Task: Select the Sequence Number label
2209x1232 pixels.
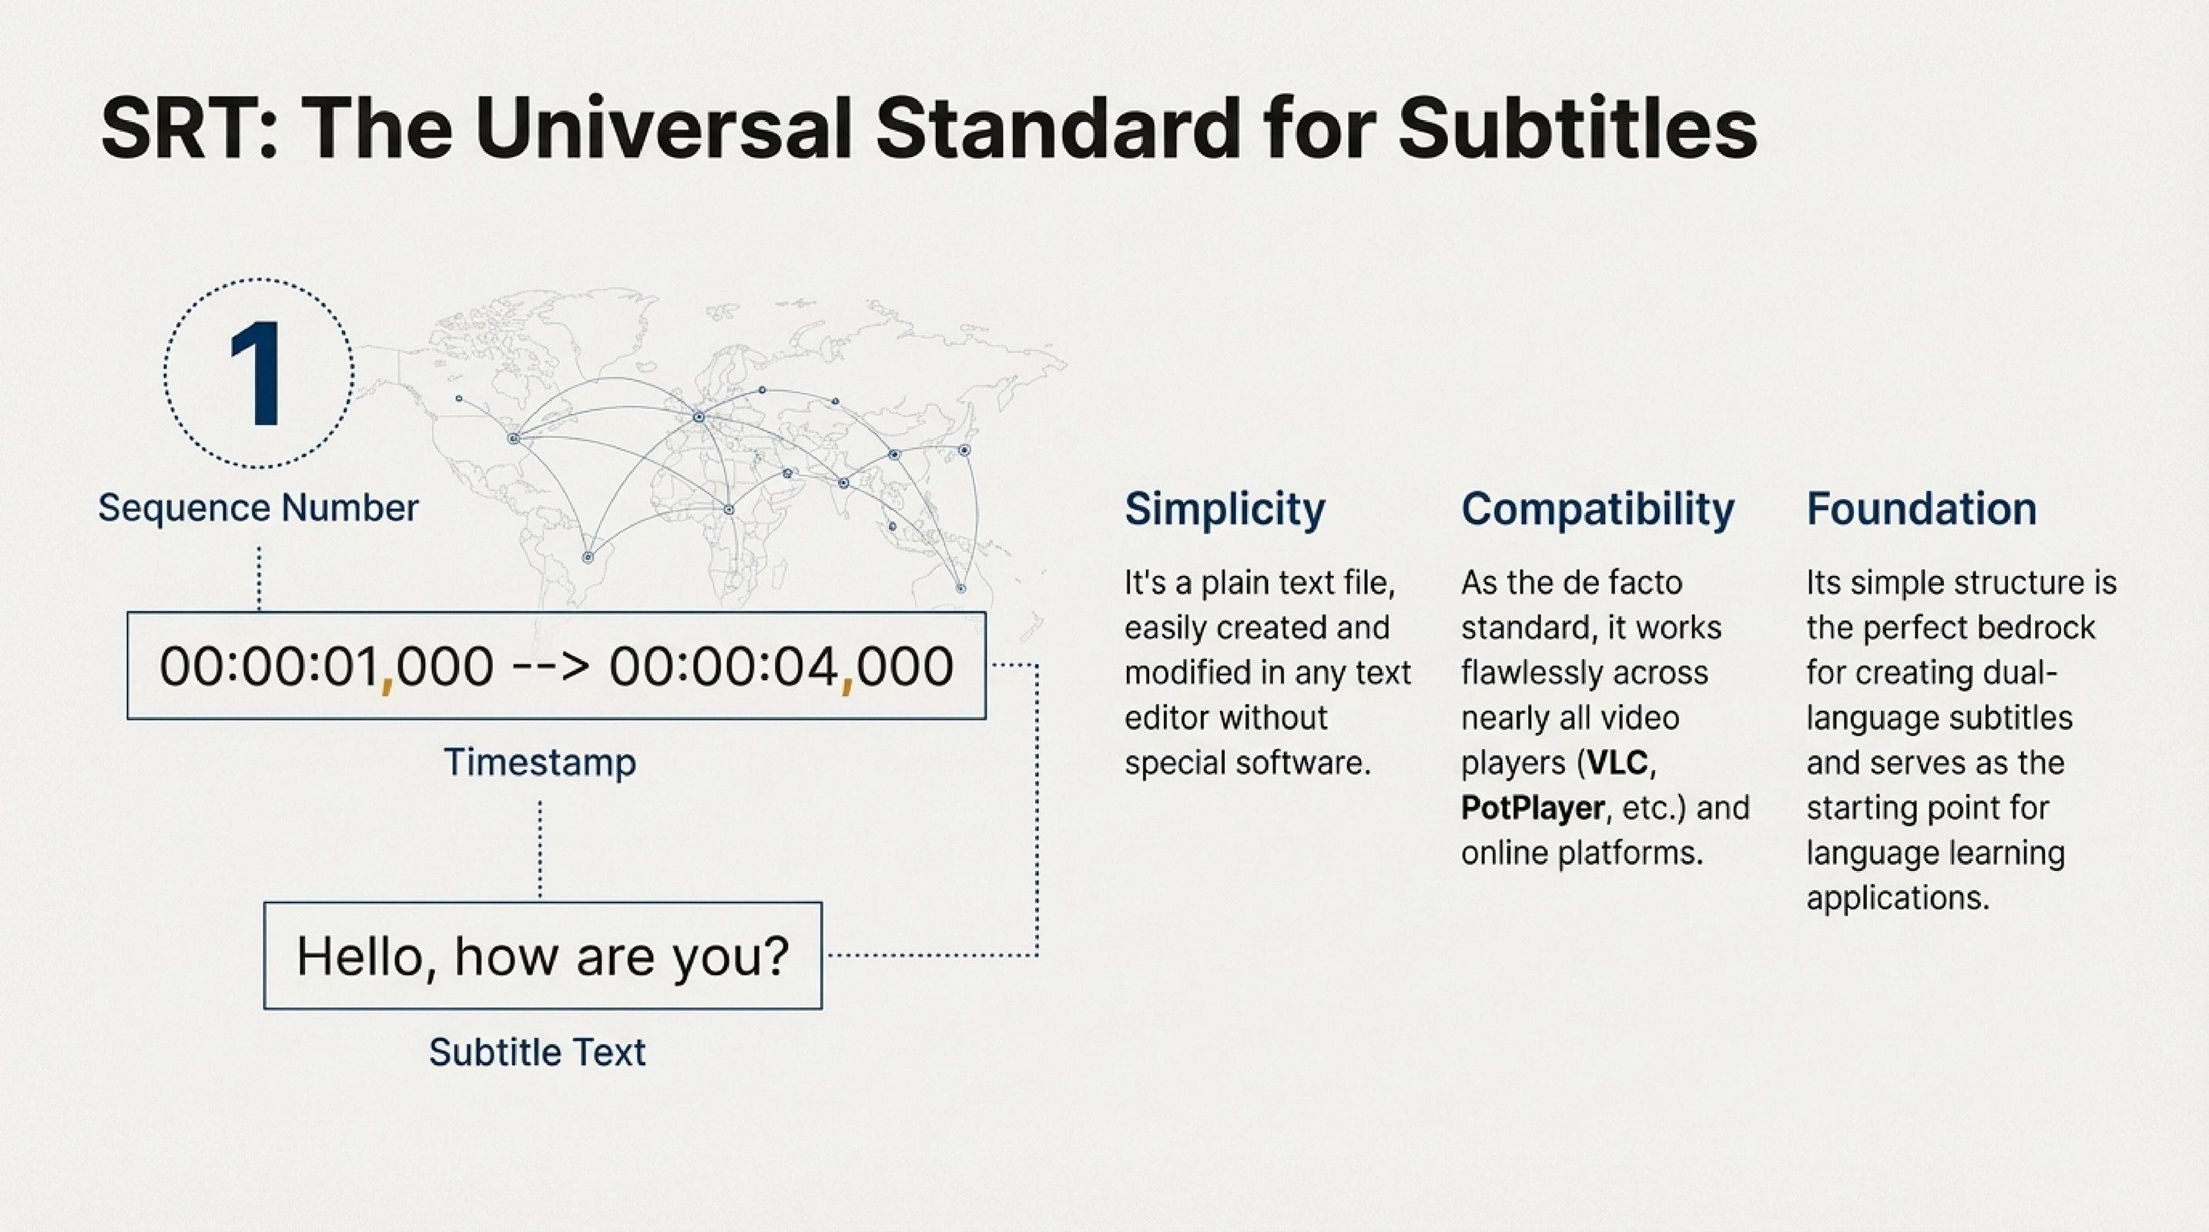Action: click(x=258, y=508)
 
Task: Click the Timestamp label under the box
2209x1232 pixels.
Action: click(x=539, y=762)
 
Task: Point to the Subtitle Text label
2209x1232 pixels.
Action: click(x=537, y=1053)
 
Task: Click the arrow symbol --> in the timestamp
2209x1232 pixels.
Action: click(x=551, y=666)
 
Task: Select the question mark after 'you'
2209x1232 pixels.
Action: click(x=775, y=956)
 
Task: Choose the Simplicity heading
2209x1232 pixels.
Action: click(x=1225, y=509)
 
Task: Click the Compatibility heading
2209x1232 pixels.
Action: click(x=1597, y=509)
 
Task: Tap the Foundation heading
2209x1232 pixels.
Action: click(x=1922, y=509)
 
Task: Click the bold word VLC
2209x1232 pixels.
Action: click(x=1617, y=763)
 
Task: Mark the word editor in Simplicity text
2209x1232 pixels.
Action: click(x=1172, y=718)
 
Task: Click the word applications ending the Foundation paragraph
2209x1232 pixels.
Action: click(x=1897, y=899)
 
